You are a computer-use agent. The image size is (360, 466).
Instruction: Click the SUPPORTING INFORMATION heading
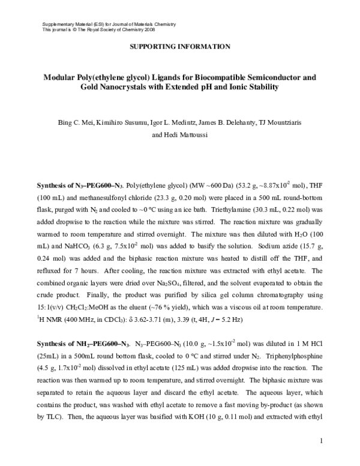click(180, 46)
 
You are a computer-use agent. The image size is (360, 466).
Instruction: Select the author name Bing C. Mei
click(73, 123)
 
